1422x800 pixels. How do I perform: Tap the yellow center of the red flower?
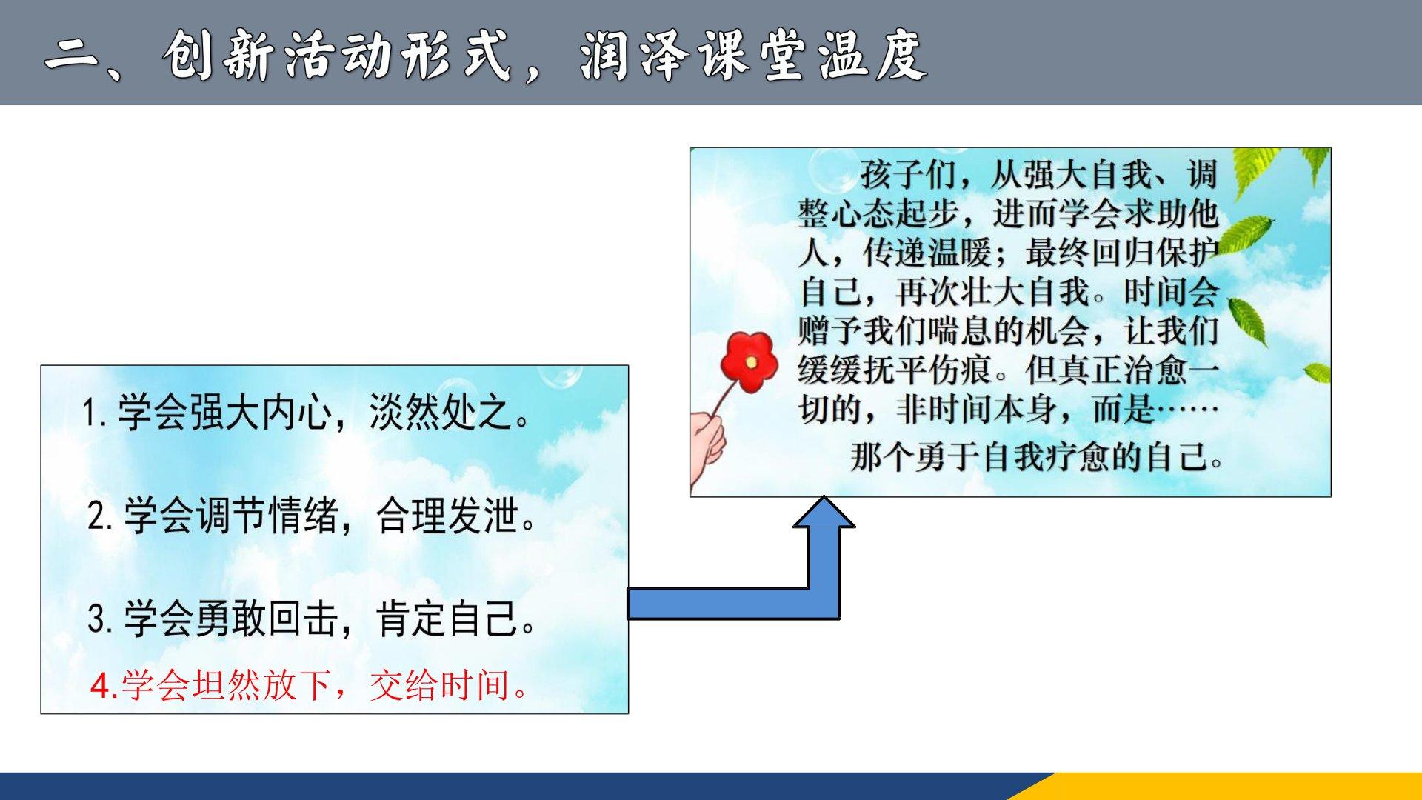coord(751,362)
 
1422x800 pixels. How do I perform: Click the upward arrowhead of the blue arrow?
coord(824,512)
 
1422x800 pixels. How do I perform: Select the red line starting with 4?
coord(311,684)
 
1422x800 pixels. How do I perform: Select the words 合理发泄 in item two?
coord(447,516)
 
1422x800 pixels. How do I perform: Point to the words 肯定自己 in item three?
coord(447,619)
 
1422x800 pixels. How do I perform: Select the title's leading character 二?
coord(74,57)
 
